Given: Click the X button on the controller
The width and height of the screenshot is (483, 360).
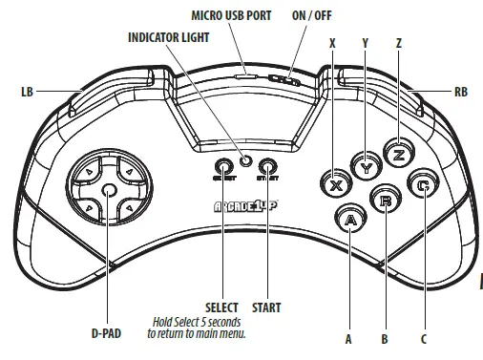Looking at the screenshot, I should point(335,184).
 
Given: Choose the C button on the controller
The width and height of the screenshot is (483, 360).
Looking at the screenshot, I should point(420,185).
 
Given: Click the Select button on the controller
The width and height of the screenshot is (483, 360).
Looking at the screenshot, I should point(221,166).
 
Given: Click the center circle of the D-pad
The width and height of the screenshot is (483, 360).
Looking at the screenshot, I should point(109,191).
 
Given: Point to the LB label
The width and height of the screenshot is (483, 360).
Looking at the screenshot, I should point(26,93).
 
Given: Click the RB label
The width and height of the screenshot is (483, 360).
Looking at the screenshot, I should point(460,93).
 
